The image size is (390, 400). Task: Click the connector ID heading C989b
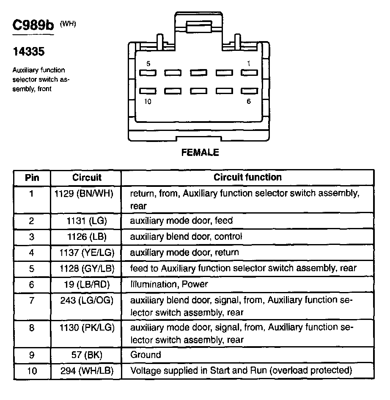[33, 26]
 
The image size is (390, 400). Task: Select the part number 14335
[28, 52]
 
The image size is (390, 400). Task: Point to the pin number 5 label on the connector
[148, 64]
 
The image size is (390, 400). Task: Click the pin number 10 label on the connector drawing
[148, 102]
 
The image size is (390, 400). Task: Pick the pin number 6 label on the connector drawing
[248, 102]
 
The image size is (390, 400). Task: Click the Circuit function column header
[247, 177]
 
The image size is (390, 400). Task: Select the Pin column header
[32, 178]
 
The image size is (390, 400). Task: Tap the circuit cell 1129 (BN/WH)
[84, 194]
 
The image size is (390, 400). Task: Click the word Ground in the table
[146, 355]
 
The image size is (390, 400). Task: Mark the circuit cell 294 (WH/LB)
[87, 371]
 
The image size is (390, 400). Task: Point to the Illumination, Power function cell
[169, 284]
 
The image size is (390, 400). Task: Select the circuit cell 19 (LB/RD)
[87, 284]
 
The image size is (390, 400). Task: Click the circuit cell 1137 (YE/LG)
[87, 253]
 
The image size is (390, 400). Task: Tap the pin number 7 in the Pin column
[32, 300]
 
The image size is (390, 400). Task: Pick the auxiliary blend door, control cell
[186, 236]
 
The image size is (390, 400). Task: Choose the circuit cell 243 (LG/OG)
[87, 300]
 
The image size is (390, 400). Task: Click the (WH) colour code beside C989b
[68, 24]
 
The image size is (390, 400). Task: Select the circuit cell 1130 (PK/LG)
[87, 328]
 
